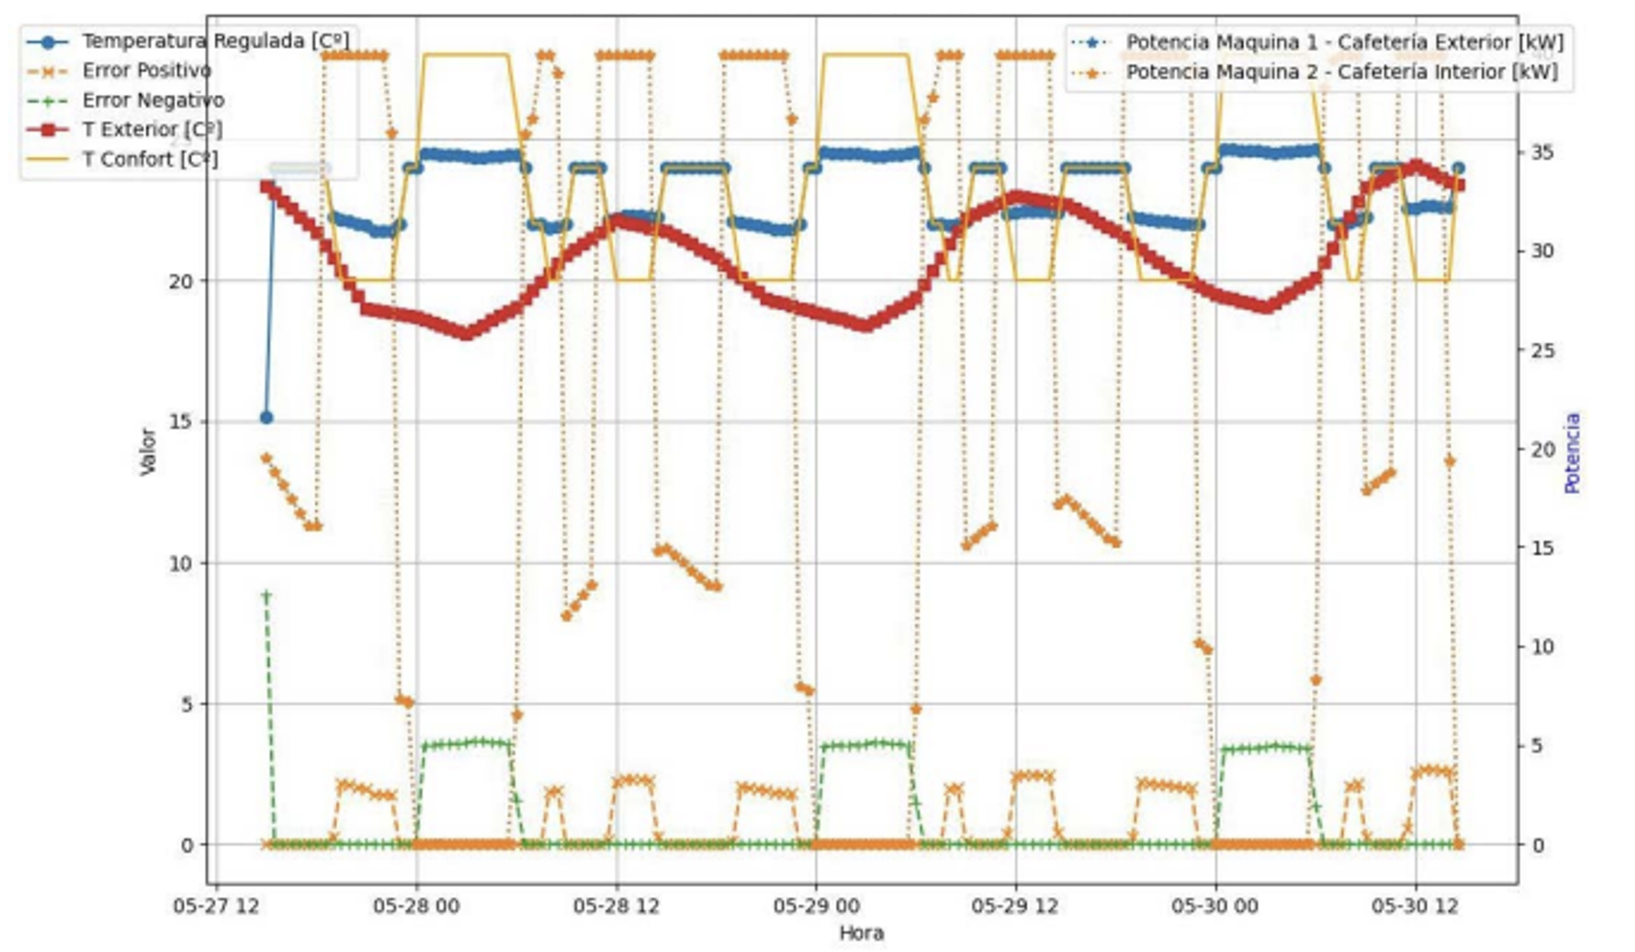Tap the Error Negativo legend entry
pyautogui.click(x=153, y=100)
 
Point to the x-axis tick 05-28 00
pyautogui.click(x=416, y=907)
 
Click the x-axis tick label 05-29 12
pyautogui.click(x=1015, y=907)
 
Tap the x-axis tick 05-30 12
pyautogui.click(x=1415, y=907)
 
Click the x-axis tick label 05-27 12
pyautogui.click(x=216, y=907)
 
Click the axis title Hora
pyautogui.click(x=861, y=934)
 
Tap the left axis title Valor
pyautogui.click(x=147, y=452)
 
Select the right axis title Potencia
pyautogui.click(x=1572, y=452)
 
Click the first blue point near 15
pyautogui.click(x=266, y=418)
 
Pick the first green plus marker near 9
pyautogui.click(x=266, y=595)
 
